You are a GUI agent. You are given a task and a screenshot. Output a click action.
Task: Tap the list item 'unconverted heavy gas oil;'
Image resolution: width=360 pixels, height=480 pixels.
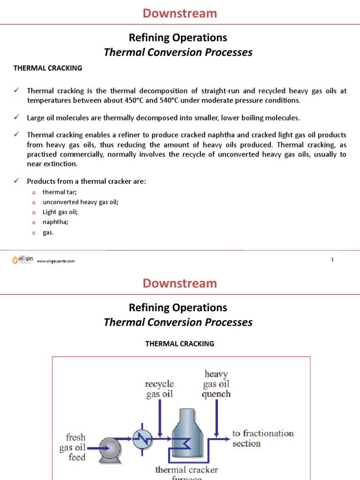point(80,202)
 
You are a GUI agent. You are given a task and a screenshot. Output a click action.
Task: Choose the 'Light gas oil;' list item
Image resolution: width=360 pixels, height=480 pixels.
point(60,212)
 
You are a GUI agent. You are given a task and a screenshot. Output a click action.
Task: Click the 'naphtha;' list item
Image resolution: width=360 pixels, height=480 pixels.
point(55,222)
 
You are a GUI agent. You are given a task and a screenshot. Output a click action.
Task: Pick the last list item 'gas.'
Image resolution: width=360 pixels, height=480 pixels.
point(48,232)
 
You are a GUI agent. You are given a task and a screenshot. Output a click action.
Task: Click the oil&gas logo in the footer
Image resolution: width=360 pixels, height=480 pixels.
point(21,260)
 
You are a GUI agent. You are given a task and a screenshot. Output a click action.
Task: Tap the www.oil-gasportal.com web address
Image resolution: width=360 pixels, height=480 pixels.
point(55,261)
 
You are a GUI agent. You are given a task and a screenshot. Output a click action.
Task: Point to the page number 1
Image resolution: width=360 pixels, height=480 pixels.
point(332,259)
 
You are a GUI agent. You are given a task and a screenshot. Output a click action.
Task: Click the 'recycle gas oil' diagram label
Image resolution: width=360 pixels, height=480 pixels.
point(159,389)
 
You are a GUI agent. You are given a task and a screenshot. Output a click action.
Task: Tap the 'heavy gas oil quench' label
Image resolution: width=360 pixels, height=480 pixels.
point(216,383)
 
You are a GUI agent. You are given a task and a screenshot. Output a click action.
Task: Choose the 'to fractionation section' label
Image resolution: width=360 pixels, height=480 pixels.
point(263,438)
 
